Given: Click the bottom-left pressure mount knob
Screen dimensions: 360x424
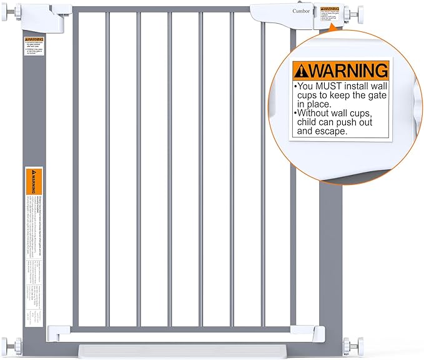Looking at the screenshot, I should point(7,345).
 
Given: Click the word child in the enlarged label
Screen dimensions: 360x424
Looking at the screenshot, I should point(310,122).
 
